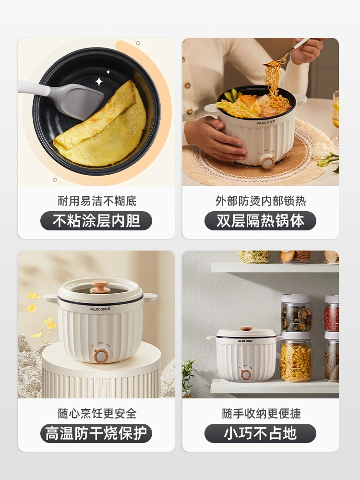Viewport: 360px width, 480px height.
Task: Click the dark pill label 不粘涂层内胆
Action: click(x=96, y=221)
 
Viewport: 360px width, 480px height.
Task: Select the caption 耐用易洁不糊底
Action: click(x=96, y=201)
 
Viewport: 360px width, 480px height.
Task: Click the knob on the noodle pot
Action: click(x=268, y=162)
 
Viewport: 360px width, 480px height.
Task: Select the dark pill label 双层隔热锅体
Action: click(x=260, y=221)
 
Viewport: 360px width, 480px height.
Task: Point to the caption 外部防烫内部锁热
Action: click(x=260, y=201)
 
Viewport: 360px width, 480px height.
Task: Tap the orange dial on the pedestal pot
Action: click(x=100, y=356)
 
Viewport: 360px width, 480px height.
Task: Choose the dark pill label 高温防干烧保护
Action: click(x=96, y=433)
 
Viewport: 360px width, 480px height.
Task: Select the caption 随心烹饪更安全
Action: click(x=96, y=413)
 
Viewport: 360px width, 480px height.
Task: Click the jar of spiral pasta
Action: click(x=296, y=360)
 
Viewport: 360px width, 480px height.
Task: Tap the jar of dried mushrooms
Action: click(x=296, y=317)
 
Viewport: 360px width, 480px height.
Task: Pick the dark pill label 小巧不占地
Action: click(x=260, y=433)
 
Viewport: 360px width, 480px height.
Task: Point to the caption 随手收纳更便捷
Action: click(x=260, y=413)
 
